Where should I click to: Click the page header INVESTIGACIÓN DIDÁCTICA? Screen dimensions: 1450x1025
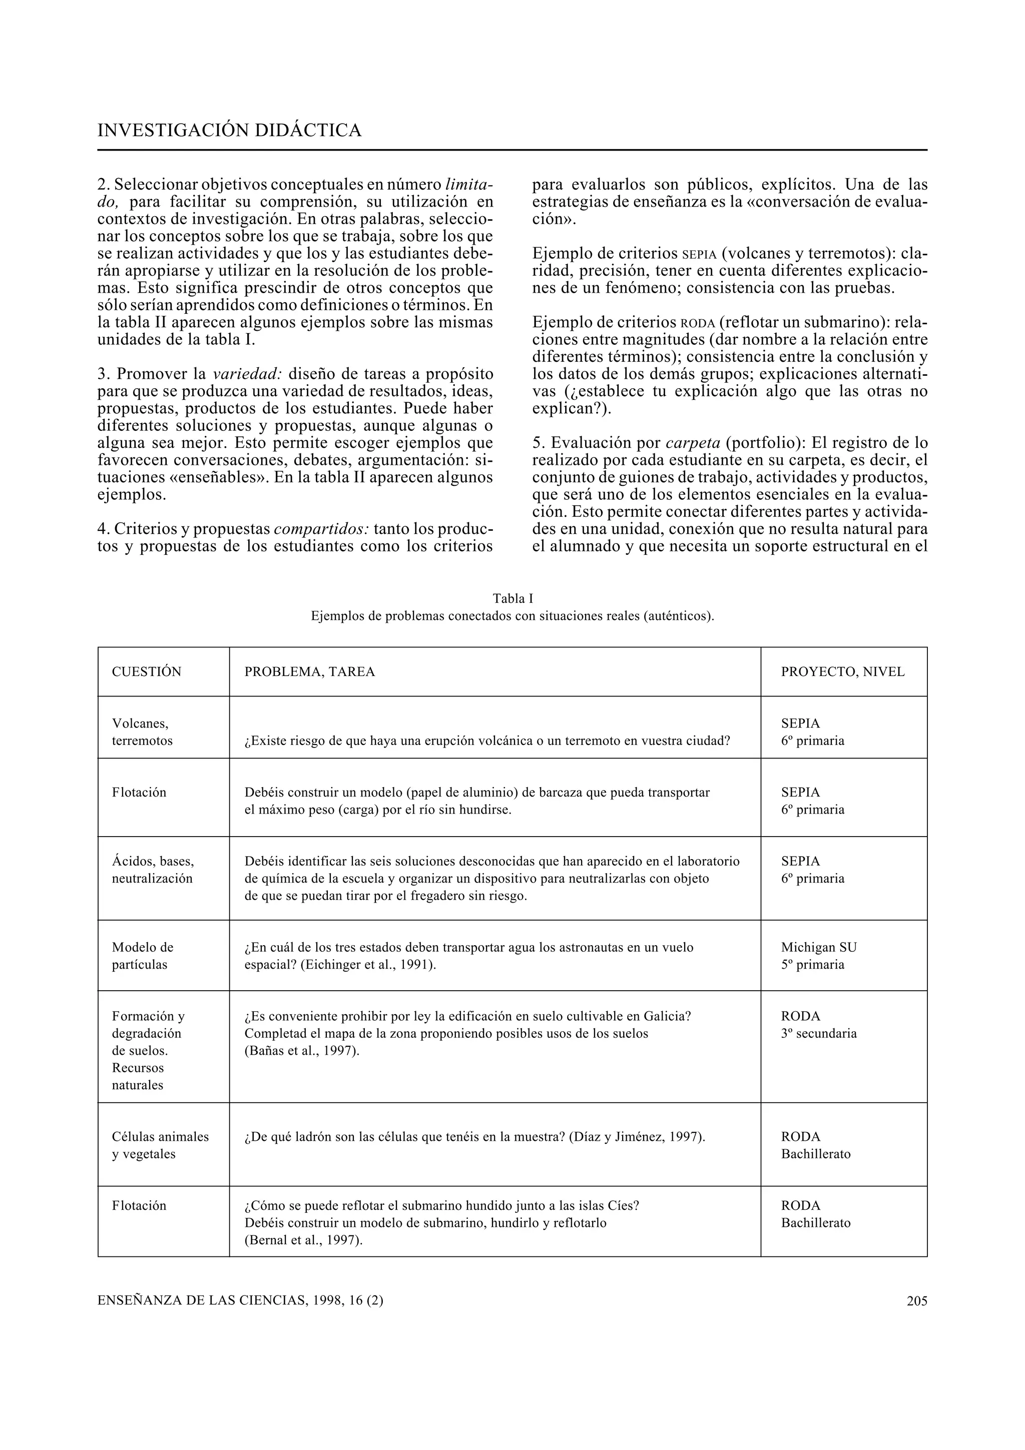click(229, 131)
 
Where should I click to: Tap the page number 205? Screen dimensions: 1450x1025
click(916, 1301)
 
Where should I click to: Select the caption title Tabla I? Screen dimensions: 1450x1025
click(512, 598)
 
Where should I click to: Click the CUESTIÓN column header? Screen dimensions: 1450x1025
click(147, 672)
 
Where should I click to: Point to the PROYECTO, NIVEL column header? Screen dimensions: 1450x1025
click(842, 672)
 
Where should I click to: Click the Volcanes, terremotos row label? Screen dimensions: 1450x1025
click(142, 732)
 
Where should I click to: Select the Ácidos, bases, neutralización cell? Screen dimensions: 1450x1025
click(153, 870)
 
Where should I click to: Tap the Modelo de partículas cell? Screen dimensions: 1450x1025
click(142, 956)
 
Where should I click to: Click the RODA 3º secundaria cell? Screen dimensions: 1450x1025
click(818, 1025)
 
